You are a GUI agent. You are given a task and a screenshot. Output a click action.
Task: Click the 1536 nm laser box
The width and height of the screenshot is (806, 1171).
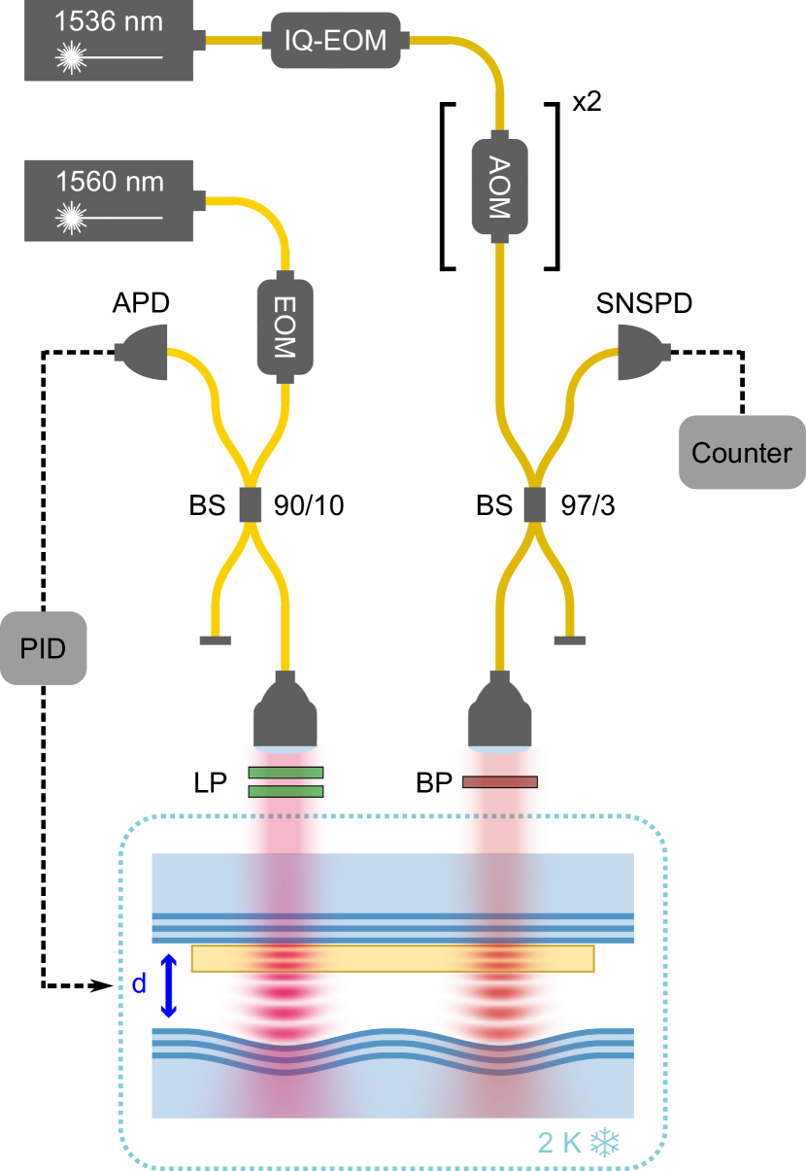pos(109,41)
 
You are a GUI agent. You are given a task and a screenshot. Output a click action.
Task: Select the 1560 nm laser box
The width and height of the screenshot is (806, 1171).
pos(109,200)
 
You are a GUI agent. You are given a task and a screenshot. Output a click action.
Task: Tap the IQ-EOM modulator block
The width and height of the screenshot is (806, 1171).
pos(335,41)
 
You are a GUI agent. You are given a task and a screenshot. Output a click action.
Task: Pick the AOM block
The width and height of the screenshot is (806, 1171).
pos(499,187)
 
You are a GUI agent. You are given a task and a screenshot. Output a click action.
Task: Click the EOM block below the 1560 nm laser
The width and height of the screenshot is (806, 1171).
pos(285,327)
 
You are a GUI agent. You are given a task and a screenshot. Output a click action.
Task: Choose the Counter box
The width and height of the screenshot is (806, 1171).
pos(741,452)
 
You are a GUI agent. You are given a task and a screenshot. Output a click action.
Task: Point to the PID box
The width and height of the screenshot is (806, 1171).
pos(44,648)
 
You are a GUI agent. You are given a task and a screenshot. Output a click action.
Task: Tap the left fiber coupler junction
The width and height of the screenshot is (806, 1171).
pos(251,503)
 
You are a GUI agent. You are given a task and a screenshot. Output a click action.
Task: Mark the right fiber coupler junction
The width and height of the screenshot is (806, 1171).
pos(533,503)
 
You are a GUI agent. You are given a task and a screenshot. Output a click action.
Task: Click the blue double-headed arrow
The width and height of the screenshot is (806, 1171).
pos(169,985)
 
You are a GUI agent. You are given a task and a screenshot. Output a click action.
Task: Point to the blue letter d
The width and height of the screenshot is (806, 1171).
pos(139,983)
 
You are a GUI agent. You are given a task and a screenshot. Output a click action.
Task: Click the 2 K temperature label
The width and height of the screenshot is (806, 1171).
pos(559,1143)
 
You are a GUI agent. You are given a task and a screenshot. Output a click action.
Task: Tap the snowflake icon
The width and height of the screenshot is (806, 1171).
pos(605,1143)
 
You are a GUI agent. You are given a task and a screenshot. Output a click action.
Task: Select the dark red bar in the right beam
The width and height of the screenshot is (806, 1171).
pos(499,782)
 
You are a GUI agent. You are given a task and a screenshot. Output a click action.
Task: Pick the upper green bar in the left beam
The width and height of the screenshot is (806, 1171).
pos(285,773)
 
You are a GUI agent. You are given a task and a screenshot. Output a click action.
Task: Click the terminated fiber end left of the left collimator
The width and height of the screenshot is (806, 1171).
pos(215,639)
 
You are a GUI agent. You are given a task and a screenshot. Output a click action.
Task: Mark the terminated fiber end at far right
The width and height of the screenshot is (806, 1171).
pos(570,639)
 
